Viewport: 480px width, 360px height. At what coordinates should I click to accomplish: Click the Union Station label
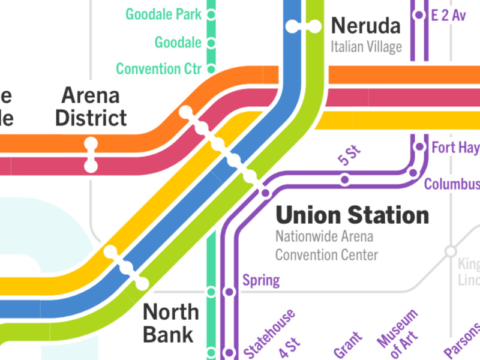point(352,215)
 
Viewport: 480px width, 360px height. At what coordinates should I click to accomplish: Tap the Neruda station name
point(365,26)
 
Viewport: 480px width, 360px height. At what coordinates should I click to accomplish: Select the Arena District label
point(91,106)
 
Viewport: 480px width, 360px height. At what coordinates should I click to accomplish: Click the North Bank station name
point(170,323)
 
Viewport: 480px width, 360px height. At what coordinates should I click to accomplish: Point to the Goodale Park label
point(163,14)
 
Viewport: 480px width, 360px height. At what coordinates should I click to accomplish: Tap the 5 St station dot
point(345,179)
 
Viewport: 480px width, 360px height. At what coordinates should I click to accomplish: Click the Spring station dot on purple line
point(229,292)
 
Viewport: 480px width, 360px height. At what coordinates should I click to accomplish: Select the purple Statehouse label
point(269,334)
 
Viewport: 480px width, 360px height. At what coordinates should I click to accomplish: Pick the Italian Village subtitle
point(365,47)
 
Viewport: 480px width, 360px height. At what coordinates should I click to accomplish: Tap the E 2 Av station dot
point(419,16)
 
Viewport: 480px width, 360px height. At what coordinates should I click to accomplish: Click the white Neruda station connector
point(303,26)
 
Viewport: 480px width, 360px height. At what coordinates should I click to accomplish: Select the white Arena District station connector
point(91,155)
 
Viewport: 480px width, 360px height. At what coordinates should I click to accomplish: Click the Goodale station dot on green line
point(211,43)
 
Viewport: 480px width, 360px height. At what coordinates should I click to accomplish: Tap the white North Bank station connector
point(126,267)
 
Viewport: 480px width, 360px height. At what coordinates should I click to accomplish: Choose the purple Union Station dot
point(264,193)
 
